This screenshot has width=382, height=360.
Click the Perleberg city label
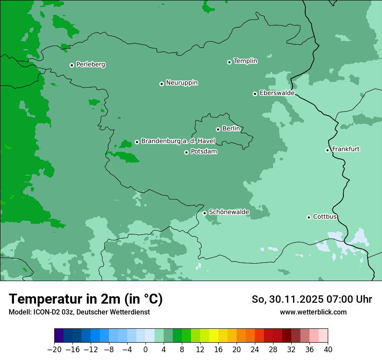point(90,65)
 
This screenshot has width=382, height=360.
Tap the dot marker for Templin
point(229,62)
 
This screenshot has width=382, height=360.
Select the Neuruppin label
point(181,83)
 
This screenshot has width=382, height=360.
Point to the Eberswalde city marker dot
point(255,94)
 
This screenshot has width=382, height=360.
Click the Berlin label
point(231,129)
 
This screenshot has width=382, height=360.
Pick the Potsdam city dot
point(186,152)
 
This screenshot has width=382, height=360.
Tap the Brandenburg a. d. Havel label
point(178,141)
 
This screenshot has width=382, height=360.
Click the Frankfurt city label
point(346,149)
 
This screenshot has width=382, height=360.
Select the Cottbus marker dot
point(309,217)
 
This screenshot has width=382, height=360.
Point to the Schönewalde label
point(229,212)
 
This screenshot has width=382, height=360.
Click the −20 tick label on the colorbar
point(54,350)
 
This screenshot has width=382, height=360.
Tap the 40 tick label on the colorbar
point(328,350)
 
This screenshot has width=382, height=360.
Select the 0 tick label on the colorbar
point(145,350)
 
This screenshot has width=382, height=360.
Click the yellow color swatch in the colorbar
point(214,336)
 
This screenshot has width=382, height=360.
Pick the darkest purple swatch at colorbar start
point(59,336)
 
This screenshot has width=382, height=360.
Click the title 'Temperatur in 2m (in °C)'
point(86,299)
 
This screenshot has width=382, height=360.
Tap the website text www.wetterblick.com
point(313,312)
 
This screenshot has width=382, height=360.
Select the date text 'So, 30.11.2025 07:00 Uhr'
point(312,299)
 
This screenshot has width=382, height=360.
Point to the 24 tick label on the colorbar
point(255,350)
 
